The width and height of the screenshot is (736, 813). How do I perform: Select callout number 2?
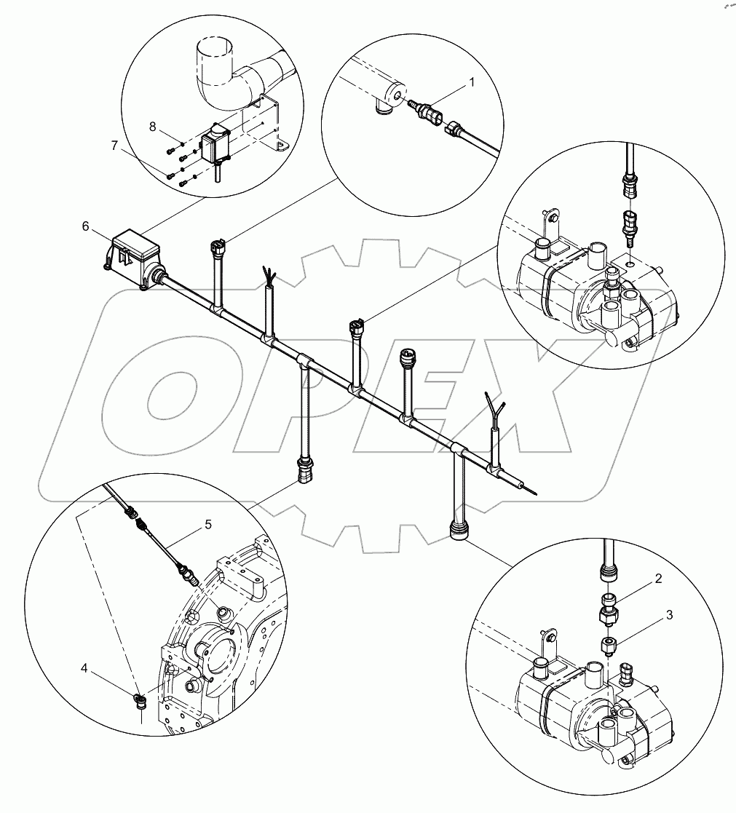(657, 579)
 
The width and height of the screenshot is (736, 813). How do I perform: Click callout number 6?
(85, 227)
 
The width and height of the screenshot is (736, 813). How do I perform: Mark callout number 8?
(152, 127)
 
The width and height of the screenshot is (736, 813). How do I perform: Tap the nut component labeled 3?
(609, 646)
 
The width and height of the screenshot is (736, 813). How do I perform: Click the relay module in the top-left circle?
(215, 146)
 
